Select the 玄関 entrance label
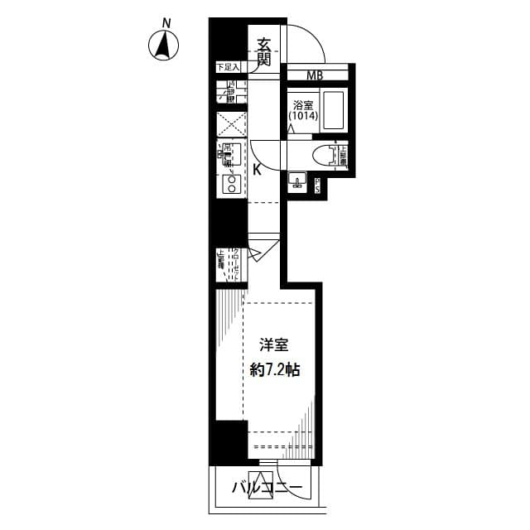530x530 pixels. point(264,51)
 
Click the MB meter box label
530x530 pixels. point(315,76)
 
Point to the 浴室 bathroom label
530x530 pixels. point(302,106)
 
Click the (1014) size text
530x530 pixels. point(303,118)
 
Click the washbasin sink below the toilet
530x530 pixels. point(296,181)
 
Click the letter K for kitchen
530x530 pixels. point(257,171)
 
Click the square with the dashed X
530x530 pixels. point(232,124)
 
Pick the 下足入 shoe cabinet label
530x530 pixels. point(227,66)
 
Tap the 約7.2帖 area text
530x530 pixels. point(274,370)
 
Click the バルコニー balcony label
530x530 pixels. point(267,487)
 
